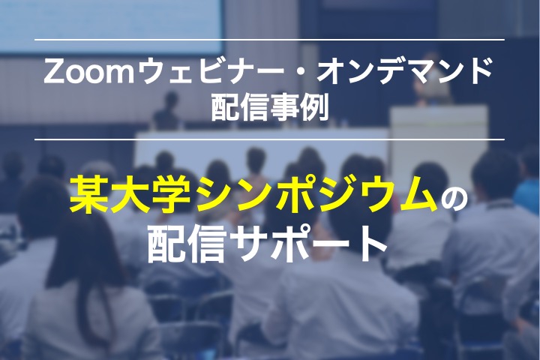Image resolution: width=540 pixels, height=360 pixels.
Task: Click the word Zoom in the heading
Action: [x=88, y=72]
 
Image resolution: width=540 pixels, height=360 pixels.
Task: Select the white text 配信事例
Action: [x=270, y=108]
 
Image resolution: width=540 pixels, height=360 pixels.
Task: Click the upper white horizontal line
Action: [x=270, y=40]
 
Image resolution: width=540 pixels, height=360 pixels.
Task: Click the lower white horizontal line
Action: [x=270, y=139]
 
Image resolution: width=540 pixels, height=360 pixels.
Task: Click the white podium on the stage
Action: [x=439, y=141]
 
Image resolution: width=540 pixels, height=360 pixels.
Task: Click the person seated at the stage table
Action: [x=167, y=111]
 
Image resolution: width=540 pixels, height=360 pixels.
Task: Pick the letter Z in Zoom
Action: [x=53, y=72]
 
